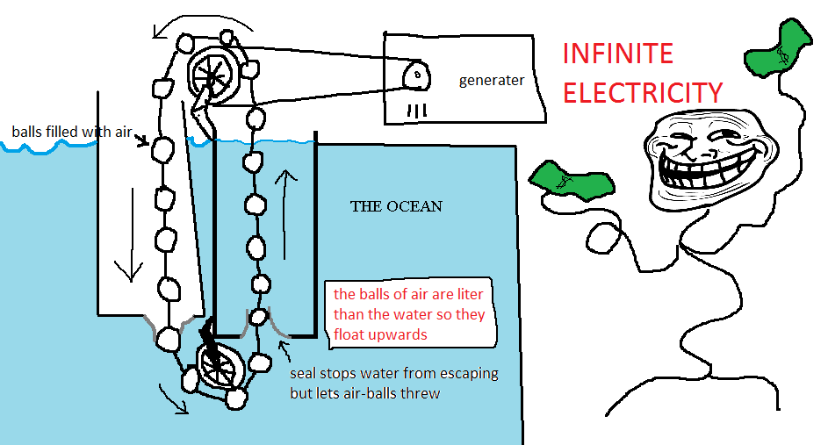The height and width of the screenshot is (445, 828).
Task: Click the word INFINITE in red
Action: tap(618, 54)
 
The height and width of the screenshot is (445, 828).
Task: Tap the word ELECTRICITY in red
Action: tap(642, 93)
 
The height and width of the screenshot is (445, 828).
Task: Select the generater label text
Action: tap(492, 81)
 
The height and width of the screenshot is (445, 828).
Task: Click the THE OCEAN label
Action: tap(396, 206)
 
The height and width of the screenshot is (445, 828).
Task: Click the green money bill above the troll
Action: tap(778, 48)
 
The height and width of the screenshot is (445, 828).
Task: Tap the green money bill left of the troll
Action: tap(572, 181)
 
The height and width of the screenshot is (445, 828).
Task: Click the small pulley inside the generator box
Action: tap(417, 76)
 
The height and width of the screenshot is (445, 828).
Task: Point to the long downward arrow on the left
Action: tap(130, 234)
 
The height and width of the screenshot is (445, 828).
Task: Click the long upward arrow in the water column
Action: tap(285, 214)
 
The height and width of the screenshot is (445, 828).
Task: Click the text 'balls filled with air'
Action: tap(72, 132)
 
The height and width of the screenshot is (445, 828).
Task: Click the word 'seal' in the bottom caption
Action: tap(303, 373)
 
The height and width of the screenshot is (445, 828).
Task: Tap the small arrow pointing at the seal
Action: tap(284, 350)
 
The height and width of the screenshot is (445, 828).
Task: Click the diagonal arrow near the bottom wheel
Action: tap(174, 398)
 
